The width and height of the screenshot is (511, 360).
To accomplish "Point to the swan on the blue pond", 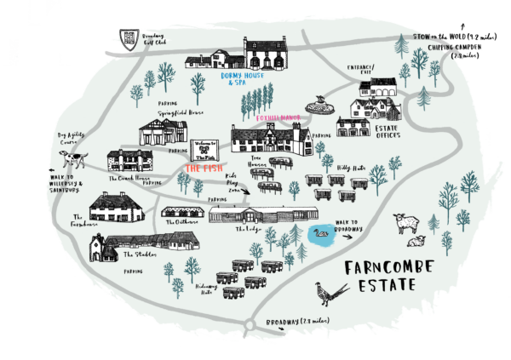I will (321, 231).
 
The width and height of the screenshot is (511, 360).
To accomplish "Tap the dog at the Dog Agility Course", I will (72, 158).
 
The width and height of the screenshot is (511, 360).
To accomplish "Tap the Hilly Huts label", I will (352, 169).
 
